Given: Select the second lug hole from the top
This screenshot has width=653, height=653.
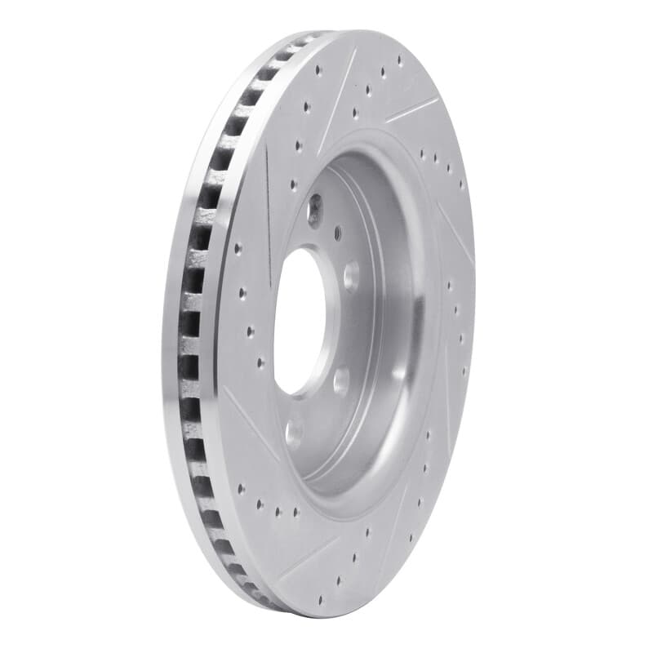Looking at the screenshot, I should [x=351, y=276].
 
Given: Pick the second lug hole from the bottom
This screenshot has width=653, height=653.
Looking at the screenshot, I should [x=341, y=380].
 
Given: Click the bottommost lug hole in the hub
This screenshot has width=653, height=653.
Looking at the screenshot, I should [x=294, y=433].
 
